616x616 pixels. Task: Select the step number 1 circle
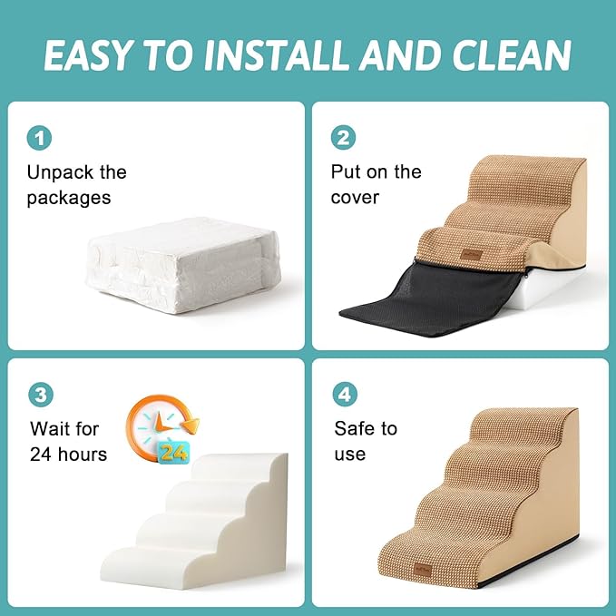point(39,138)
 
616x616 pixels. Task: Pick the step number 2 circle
point(344,138)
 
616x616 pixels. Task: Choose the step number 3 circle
point(39,395)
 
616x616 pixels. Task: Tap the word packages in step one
point(68,198)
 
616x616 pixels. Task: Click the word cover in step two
point(355,197)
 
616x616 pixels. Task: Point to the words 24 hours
point(68,454)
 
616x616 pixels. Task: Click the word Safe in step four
point(354,428)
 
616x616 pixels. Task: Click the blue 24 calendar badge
point(174,450)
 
